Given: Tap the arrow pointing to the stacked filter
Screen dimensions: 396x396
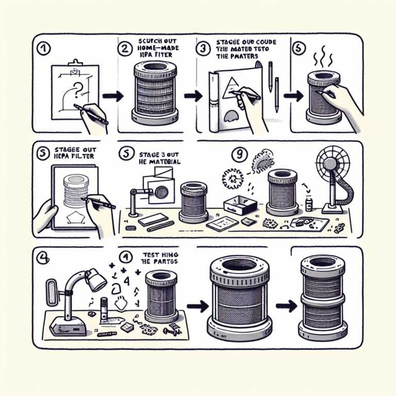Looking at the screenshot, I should (285, 304).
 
